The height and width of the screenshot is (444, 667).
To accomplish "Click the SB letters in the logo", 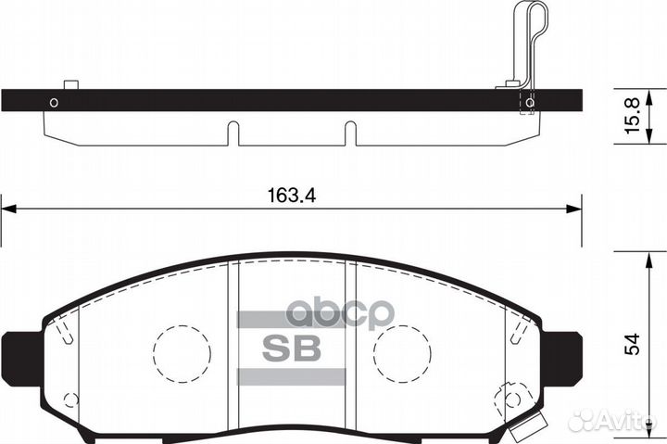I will pos(291,349).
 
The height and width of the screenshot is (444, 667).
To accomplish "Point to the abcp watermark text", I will pos(340,314).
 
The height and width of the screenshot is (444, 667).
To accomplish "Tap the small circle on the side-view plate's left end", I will pos(54,102).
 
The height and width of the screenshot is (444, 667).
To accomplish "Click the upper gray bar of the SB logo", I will pos(292,320).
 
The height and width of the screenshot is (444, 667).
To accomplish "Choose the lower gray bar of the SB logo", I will pos(292,376).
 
